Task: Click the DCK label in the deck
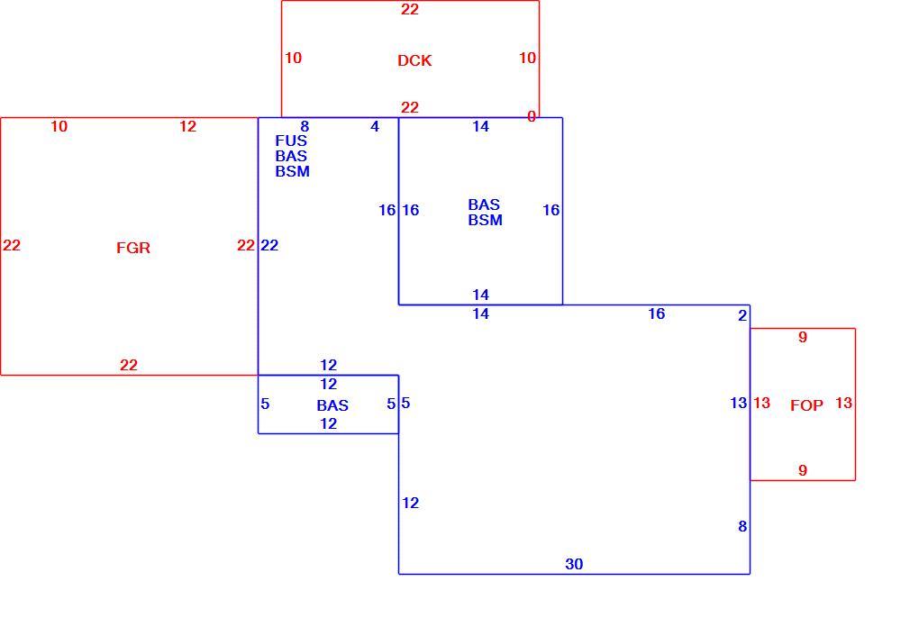(x=414, y=60)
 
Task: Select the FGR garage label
(x=133, y=248)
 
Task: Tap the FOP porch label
(x=806, y=405)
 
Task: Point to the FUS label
(x=291, y=141)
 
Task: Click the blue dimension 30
(x=574, y=563)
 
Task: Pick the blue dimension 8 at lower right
(x=742, y=526)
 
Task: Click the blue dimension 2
(x=742, y=315)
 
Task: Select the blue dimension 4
(x=375, y=126)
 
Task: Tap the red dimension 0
(x=531, y=116)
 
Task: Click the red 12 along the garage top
(x=187, y=126)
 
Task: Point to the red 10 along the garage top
(x=59, y=126)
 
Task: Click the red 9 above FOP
(x=803, y=337)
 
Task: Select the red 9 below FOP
(x=803, y=470)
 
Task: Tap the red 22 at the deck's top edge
(x=410, y=9)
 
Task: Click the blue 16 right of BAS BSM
(x=551, y=210)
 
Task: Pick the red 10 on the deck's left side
(x=293, y=58)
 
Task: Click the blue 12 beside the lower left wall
(x=410, y=503)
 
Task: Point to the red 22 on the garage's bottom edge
(x=129, y=365)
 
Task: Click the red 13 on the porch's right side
(x=843, y=402)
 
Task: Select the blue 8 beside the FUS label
(x=305, y=126)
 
